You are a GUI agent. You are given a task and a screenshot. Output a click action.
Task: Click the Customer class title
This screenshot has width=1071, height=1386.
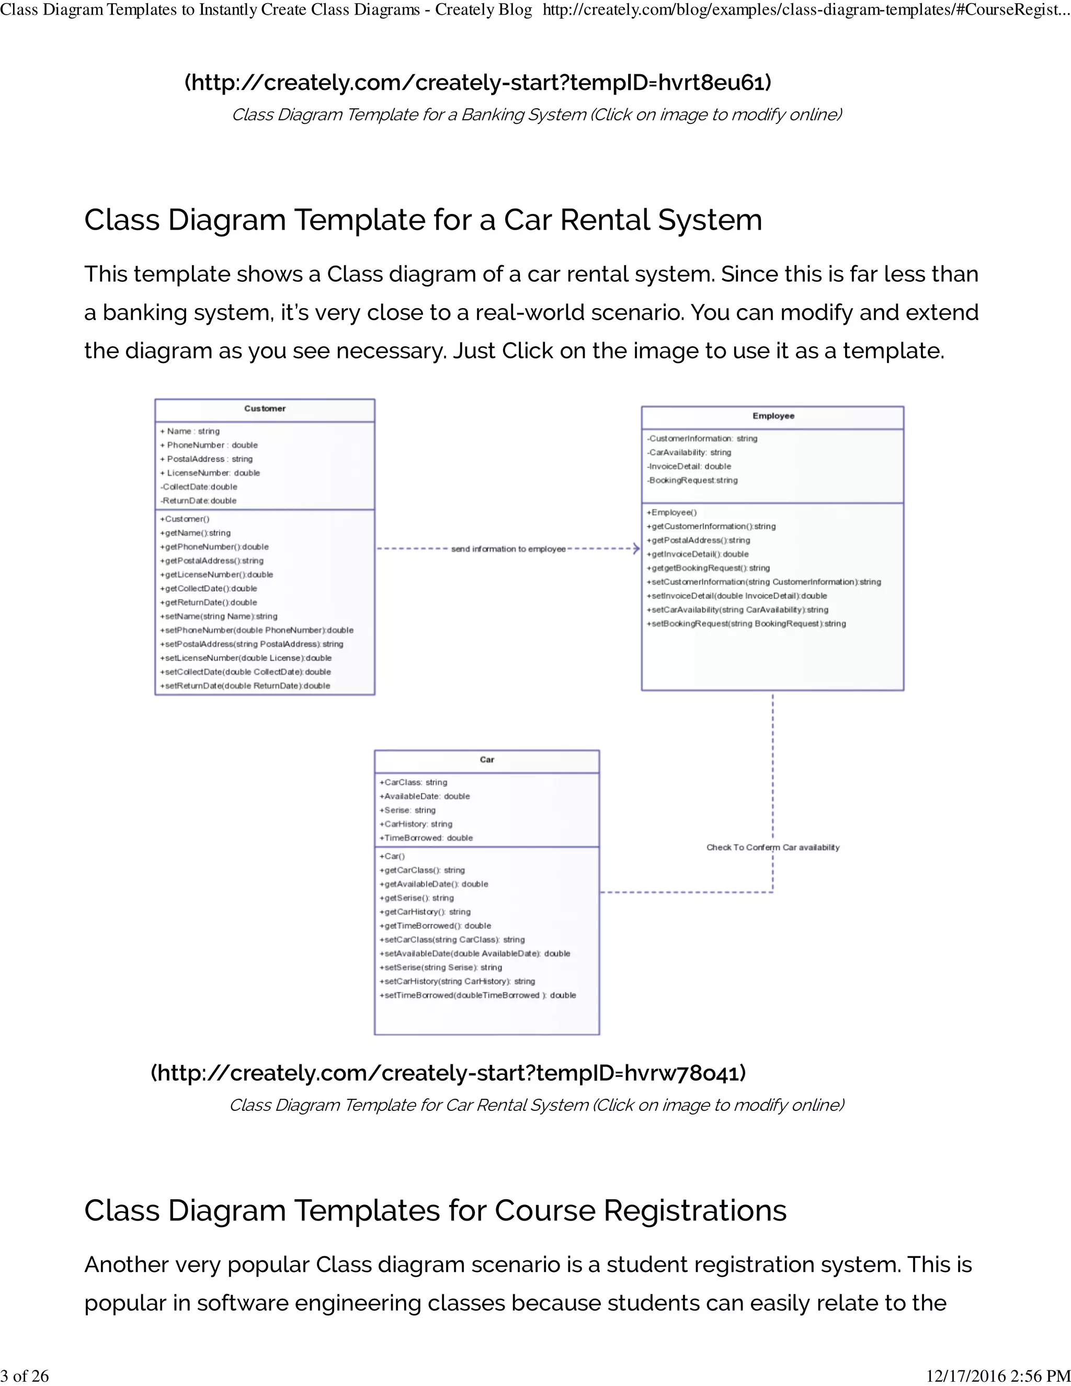(x=265, y=408)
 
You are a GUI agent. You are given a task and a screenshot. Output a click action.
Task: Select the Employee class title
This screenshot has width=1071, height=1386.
(x=773, y=416)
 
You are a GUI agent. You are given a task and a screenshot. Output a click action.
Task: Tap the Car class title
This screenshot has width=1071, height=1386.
(x=487, y=759)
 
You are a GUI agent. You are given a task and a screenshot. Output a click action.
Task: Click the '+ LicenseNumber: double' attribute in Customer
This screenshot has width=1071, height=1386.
(x=210, y=473)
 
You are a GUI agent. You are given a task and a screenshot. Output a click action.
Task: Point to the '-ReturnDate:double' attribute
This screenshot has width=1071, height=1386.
(x=199, y=501)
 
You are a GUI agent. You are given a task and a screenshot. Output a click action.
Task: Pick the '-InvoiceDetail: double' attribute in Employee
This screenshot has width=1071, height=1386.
(x=689, y=467)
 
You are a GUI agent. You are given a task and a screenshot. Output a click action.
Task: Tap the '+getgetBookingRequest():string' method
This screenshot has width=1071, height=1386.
(x=708, y=568)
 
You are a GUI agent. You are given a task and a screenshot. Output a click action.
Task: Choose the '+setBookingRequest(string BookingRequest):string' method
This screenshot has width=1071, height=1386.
(x=746, y=624)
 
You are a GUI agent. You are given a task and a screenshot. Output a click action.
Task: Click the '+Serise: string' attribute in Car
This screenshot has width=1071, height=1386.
(x=407, y=810)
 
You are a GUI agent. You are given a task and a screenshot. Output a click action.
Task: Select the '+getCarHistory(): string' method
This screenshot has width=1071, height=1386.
(x=425, y=912)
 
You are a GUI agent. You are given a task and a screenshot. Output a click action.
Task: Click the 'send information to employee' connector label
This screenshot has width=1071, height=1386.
(x=508, y=549)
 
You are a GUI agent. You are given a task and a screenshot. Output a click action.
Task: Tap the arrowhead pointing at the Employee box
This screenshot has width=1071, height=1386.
(x=636, y=549)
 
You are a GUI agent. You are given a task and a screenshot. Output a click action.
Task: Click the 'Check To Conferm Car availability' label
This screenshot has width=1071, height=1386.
(x=773, y=848)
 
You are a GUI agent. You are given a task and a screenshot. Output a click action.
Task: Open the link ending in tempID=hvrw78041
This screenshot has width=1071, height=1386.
(x=448, y=1073)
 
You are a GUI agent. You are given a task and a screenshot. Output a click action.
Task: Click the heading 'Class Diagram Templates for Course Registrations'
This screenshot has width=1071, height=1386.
(x=435, y=1210)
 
